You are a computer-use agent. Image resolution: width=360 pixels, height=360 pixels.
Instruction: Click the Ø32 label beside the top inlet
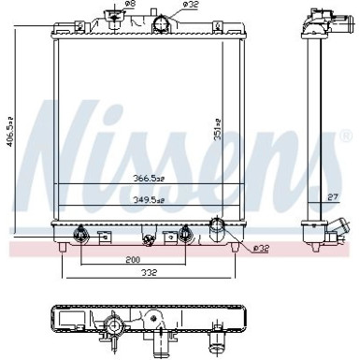pos(189,6)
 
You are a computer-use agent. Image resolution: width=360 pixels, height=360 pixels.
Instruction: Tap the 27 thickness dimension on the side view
pos(333,197)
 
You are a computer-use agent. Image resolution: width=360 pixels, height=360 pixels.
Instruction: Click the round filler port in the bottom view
pos(113,326)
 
